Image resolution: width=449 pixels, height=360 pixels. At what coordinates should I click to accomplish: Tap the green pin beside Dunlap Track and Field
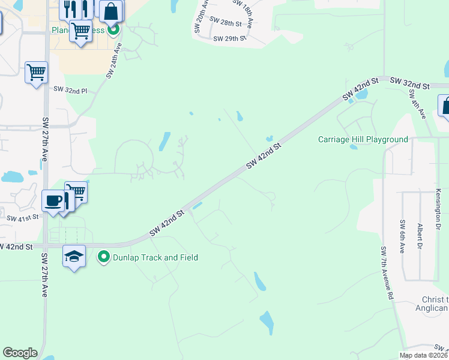coord(104,257)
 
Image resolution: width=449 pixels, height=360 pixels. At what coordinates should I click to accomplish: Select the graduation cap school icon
coord(74,256)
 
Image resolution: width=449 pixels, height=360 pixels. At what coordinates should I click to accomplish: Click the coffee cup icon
coord(53,200)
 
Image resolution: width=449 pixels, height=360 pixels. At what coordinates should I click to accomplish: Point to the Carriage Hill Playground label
coord(363,140)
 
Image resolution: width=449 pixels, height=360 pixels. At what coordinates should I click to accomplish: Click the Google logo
coord(20,353)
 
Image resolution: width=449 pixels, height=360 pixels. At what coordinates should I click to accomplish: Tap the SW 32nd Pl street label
coord(70,90)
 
